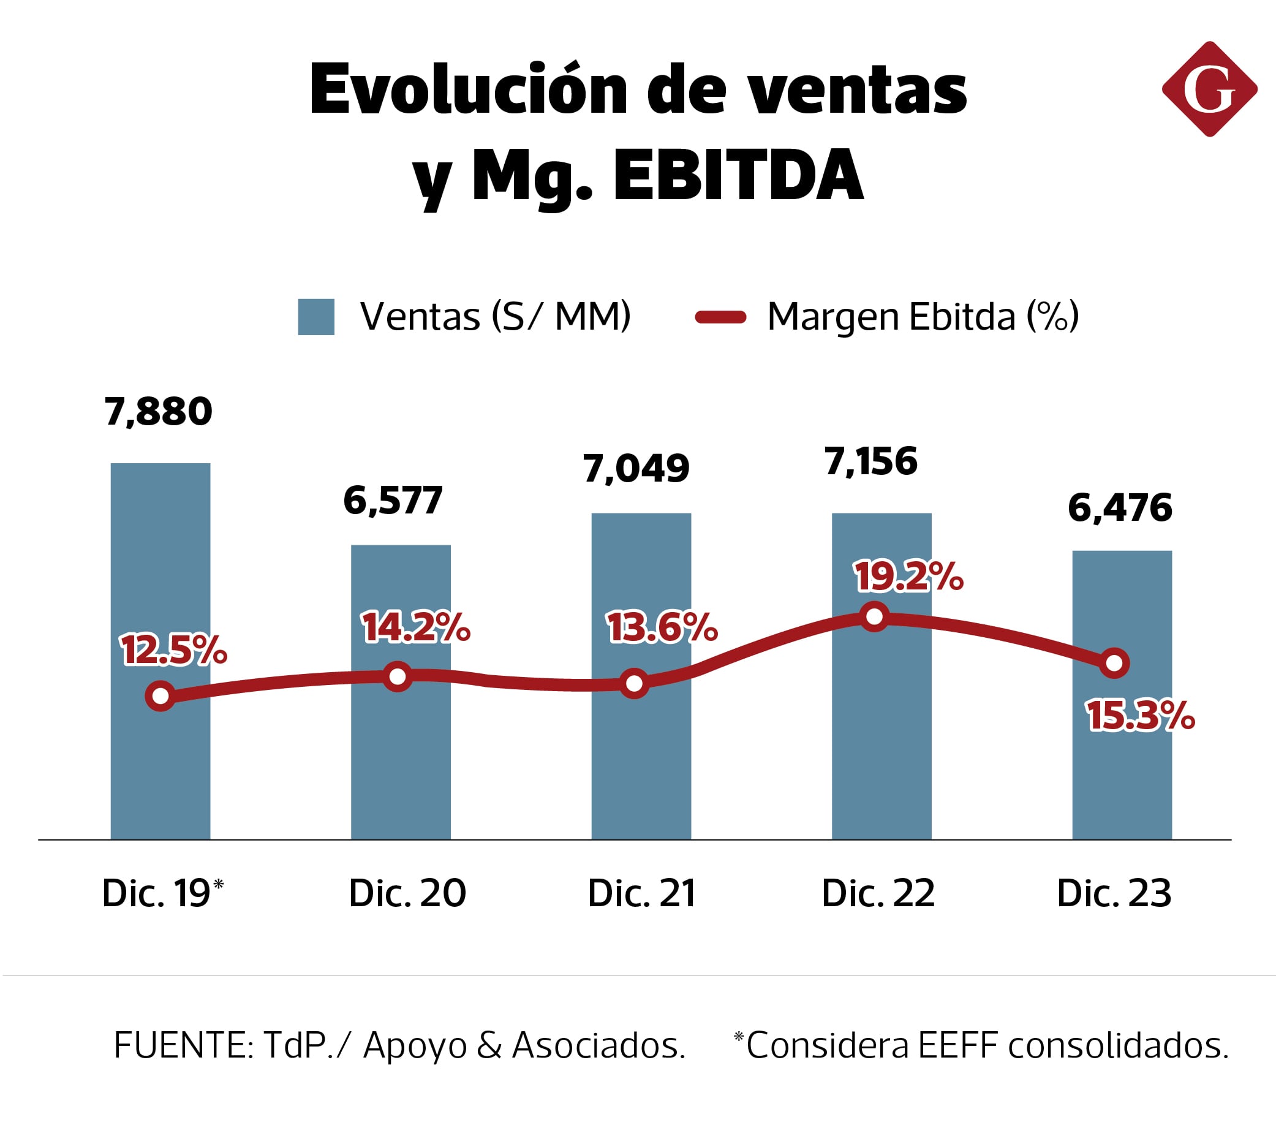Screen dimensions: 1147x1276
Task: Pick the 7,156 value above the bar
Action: pyautogui.click(x=870, y=462)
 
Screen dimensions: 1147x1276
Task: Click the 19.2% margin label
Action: pyautogui.click(x=908, y=577)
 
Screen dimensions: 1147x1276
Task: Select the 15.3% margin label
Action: pyautogui.click(x=1140, y=716)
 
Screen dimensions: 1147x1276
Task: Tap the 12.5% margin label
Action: pyautogui.click(x=173, y=650)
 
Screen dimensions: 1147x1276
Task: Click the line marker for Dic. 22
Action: pyautogui.click(x=874, y=616)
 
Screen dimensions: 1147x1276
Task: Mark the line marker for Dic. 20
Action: pyautogui.click(x=398, y=677)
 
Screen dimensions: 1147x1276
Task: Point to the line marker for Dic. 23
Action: pyautogui.click(x=1114, y=663)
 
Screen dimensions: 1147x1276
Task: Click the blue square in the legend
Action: pyautogui.click(x=315, y=317)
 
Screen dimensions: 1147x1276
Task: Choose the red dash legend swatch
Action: pyautogui.click(x=720, y=317)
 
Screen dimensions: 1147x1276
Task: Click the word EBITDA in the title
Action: pyautogui.click(x=738, y=175)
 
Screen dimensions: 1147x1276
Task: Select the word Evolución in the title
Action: pyautogui.click(x=468, y=90)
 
